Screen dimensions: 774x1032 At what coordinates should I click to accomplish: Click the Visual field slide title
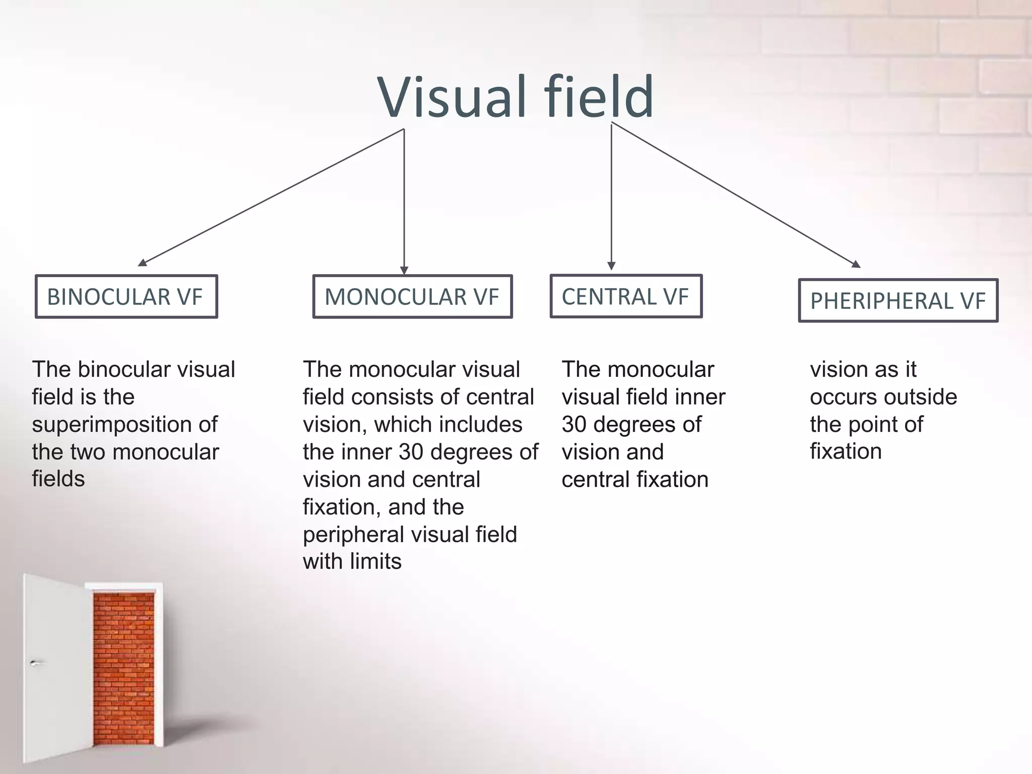[515, 97]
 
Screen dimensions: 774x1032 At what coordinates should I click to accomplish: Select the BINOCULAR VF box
[126, 296]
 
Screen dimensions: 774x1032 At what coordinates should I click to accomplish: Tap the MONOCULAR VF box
[412, 296]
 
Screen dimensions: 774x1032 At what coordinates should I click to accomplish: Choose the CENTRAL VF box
[626, 296]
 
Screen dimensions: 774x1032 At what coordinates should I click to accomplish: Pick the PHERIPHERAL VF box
[898, 300]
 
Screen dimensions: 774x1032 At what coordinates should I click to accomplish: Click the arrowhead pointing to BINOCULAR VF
[143, 263]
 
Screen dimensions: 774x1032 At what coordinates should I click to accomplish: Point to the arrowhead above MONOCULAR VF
[404, 271]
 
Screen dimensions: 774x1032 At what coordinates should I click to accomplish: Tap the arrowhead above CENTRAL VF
[611, 266]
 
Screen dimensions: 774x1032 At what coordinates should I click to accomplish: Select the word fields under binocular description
[58, 479]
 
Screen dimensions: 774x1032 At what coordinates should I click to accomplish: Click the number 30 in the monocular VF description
[411, 452]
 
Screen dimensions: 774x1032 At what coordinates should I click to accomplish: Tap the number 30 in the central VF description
[574, 424]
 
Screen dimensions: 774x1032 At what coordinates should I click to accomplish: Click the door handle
[34, 663]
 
